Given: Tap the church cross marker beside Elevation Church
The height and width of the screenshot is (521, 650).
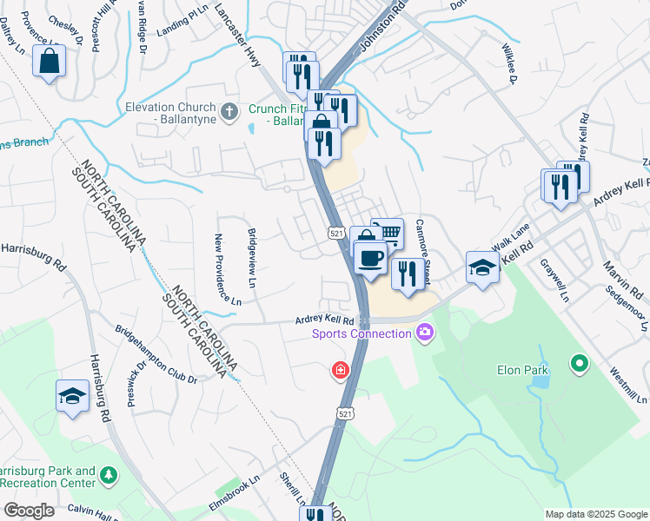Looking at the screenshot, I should click(x=229, y=111).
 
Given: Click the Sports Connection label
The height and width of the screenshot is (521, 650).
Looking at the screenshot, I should click(x=363, y=333).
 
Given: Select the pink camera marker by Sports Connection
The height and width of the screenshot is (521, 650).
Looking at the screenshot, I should click(x=424, y=331).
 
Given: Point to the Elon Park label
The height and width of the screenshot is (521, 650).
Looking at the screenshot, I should click(x=521, y=370).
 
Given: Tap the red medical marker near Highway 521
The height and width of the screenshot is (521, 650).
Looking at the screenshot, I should click(x=340, y=371).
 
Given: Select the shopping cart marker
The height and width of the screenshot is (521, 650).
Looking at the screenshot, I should click(x=388, y=232).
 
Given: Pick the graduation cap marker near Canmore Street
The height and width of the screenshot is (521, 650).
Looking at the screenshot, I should click(x=481, y=267).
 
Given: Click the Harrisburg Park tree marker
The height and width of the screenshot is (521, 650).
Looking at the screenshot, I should click(x=109, y=475).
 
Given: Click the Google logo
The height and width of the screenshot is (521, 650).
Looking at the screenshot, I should click(x=29, y=511).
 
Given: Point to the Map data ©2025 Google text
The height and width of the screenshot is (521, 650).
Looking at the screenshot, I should click(x=595, y=514).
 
